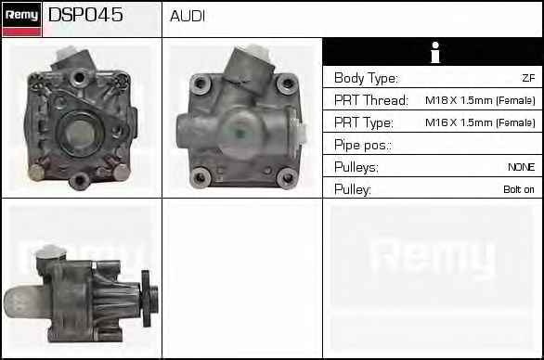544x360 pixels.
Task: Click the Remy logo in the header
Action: point(22,19)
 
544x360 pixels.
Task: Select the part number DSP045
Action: point(85,15)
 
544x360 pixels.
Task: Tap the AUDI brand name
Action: point(188,16)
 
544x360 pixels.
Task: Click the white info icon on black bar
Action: point(435,52)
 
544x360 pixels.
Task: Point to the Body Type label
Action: point(366,78)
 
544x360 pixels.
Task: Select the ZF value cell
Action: point(528,78)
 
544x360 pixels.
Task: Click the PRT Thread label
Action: point(371,100)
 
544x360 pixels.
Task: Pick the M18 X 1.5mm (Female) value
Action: point(480,100)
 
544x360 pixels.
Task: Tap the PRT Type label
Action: point(364,122)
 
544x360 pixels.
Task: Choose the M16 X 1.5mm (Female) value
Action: point(480,122)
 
